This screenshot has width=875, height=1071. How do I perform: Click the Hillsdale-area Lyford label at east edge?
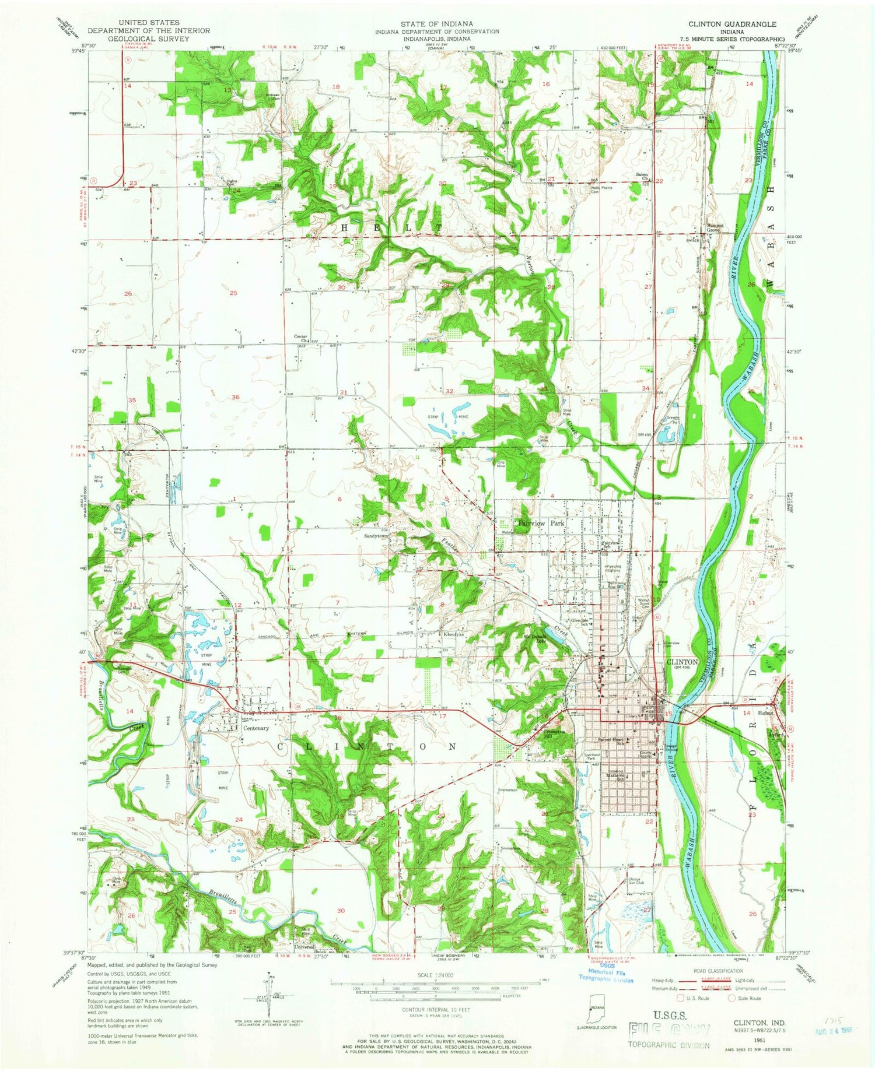tap(775, 736)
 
